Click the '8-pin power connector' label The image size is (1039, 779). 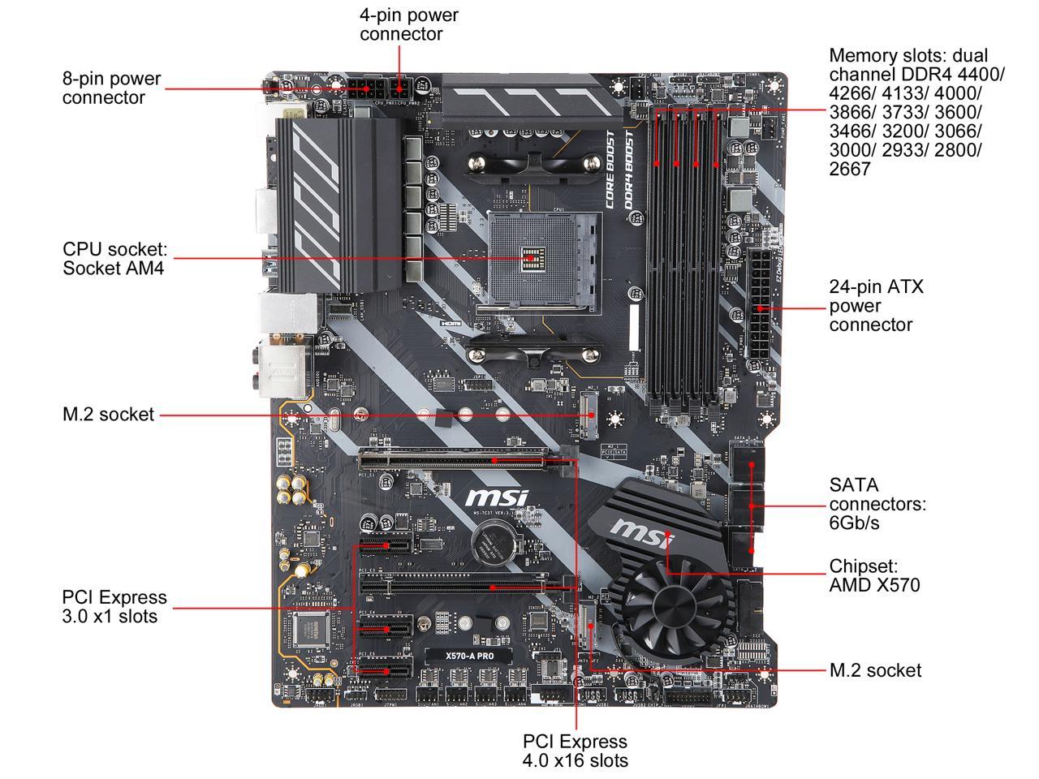click(x=111, y=88)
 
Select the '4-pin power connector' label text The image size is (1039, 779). click(x=408, y=24)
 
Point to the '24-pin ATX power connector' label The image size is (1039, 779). click(x=876, y=306)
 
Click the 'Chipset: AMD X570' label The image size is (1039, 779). click(x=874, y=575)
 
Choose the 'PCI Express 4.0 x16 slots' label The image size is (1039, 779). click(x=575, y=751)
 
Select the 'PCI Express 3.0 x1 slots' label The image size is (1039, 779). click(x=114, y=606)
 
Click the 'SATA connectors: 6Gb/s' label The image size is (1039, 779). click(x=877, y=504)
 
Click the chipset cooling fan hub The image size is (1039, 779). click(x=674, y=605)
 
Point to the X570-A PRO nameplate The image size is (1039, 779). click(x=468, y=656)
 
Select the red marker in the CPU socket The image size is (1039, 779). click(x=531, y=257)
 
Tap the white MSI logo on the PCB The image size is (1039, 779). click(x=496, y=498)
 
